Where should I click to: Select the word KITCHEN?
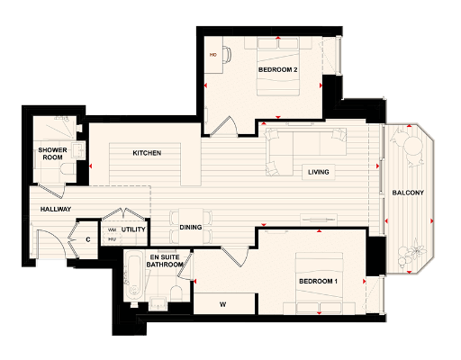click(x=147, y=153)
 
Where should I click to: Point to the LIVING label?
click(x=318, y=171)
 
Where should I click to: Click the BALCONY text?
click(x=408, y=193)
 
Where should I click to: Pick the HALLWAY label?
click(x=56, y=210)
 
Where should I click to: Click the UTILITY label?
click(x=134, y=230)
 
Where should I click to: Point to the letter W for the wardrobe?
click(x=222, y=304)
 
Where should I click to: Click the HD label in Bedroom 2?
click(x=213, y=55)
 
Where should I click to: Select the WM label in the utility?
click(x=113, y=229)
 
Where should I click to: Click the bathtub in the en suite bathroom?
click(x=134, y=278)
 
